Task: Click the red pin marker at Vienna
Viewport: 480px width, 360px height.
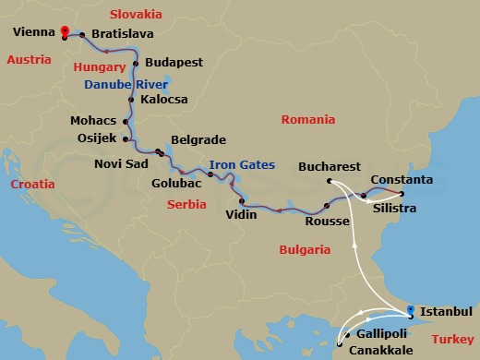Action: [64, 30]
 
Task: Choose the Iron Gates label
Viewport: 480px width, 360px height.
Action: [242, 165]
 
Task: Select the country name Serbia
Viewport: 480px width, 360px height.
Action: [187, 205]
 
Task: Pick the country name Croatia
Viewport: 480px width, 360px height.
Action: [31, 185]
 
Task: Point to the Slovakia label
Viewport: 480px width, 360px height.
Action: [135, 14]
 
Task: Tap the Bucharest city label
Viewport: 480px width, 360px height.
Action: [330, 167]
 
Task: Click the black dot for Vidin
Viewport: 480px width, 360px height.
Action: [243, 202]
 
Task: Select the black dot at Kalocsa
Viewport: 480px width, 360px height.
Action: [131, 99]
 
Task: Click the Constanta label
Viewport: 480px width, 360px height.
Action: [401, 178]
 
